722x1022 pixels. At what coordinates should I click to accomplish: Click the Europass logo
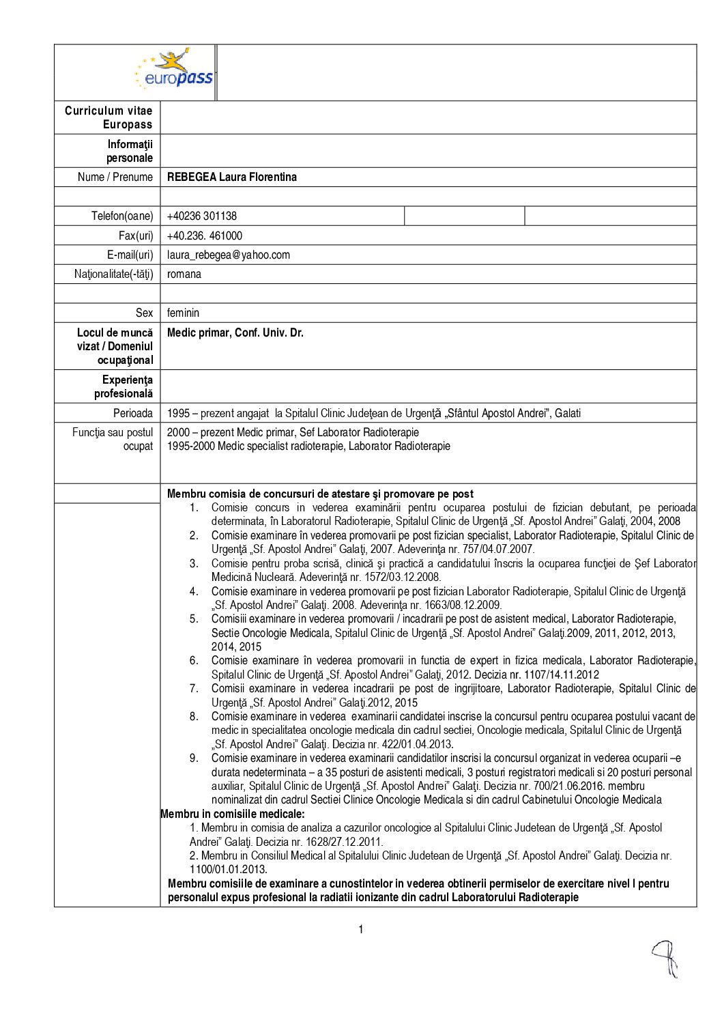pyautogui.click(x=175, y=70)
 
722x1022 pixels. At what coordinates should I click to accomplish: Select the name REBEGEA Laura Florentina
pyautogui.click(x=231, y=178)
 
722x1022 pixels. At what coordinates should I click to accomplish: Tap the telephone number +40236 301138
pyautogui.click(x=201, y=216)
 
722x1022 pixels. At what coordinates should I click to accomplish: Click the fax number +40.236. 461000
pyautogui.click(x=204, y=236)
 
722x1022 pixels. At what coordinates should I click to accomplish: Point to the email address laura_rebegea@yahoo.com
pyautogui.click(x=228, y=255)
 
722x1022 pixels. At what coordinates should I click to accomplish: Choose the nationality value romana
pyautogui.click(x=184, y=274)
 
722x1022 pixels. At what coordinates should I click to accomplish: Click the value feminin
pyautogui.click(x=183, y=313)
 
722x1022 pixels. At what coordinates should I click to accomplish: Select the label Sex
pyautogui.click(x=144, y=313)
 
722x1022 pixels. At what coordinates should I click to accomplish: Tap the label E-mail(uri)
pyautogui.click(x=130, y=255)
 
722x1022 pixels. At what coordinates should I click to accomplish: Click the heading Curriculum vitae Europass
pyautogui.click(x=109, y=117)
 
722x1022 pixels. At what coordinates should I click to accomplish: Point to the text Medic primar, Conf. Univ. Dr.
pyautogui.click(x=235, y=333)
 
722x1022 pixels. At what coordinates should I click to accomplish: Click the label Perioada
pyautogui.click(x=133, y=414)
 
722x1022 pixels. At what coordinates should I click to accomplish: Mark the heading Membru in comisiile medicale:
pyautogui.click(x=233, y=814)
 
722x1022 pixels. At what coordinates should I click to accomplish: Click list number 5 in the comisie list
pyautogui.click(x=194, y=619)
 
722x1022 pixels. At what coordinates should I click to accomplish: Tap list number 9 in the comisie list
pyautogui.click(x=194, y=758)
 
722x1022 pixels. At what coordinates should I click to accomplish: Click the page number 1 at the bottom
pyautogui.click(x=361, y=930)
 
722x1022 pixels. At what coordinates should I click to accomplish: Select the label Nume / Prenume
pyautogui.click(x=115, y=178)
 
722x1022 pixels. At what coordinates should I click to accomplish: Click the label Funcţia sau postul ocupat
pyautogui.click(x=113, y=440)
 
